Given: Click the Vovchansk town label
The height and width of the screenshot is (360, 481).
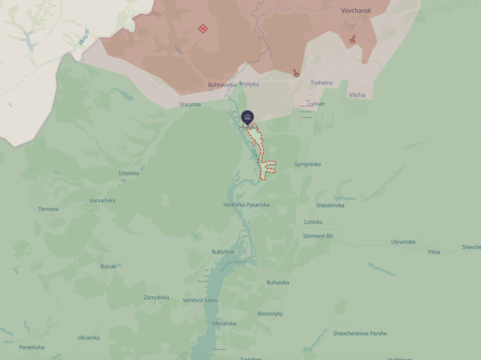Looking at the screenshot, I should pyautogui.click(x=356, y=11).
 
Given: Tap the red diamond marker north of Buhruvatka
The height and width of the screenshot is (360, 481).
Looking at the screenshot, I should pyautogui.click(x=203, y=29).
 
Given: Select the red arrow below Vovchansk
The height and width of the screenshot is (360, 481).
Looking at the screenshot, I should pyautogui.click(x=352, y=39).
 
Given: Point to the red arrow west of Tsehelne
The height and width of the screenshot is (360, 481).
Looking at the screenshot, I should pyautogui.click(x=296, y=73).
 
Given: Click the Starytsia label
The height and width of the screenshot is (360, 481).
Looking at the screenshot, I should pyautogui.click(x=190, y=104).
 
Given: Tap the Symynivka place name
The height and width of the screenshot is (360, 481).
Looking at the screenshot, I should pyautogui.click(x=307, y=164).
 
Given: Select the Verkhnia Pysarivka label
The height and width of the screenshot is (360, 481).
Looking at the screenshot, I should pyautogui.click(x=246, y=205).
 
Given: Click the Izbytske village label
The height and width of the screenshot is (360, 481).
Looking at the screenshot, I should pyautogui.click(x=129, y=173).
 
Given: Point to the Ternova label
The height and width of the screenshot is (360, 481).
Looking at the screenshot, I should pyautogui.click(x=48, y=209).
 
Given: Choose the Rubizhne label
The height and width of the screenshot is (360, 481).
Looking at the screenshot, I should pyautogui.click(x=223, y=252).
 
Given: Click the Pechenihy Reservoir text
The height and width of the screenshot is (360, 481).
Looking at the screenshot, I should pyautogui.click(x=233, y=265).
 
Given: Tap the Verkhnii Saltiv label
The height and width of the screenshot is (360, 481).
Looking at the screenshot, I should pyautogui.click(x=200, y=300).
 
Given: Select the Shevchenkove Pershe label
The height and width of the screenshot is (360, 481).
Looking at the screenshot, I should pyautogui.click(x=360, y=334).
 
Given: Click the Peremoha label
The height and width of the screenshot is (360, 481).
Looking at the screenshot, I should pyautogui.click(x=32, y=347).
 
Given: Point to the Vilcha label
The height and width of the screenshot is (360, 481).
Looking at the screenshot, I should pyautogui.click(x=357, y=95).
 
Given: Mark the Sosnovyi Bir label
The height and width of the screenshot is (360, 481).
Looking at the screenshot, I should pyautogui.click(x=318, y=236).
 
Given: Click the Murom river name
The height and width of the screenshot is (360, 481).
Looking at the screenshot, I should pyautogui.click(x=84, y=37).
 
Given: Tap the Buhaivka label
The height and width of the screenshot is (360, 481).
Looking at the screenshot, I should pyautogui.click(x=278, y=282).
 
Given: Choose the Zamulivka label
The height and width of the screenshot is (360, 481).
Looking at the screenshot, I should pyautogui.click(x=156, y=298).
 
